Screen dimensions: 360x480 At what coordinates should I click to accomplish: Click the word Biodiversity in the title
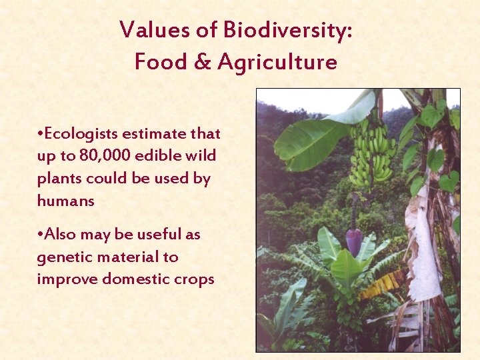(x=287, y=30)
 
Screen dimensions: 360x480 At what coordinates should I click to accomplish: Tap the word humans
(x=65, y=201)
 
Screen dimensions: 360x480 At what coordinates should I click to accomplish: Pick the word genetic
(x=63, y=257)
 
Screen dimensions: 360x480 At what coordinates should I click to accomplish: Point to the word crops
(x=193, y=279)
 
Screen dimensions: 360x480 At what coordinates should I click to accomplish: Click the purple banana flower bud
(x=355, y=241)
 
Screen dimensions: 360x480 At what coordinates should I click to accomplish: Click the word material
(x=125, y=257)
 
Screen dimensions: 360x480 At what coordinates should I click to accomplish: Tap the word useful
(x=159, y=235)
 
